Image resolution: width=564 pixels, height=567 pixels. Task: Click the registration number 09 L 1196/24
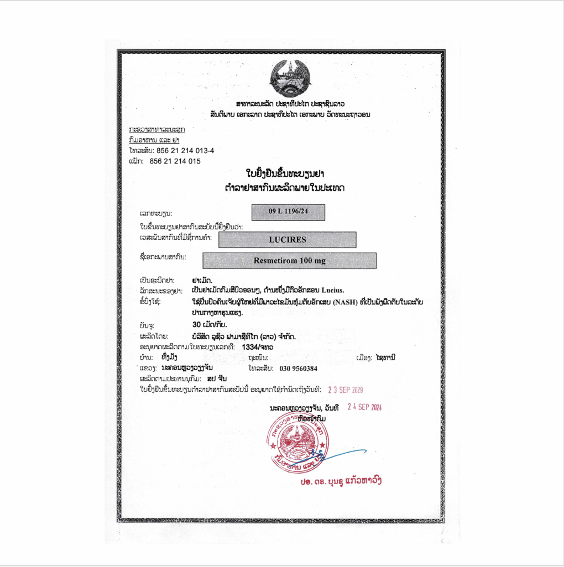pyautogui.click(x=288, y=212)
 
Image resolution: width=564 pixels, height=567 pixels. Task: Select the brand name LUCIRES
pyautogui.click(x=287, y=239)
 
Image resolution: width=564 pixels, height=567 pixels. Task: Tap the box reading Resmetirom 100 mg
pyautogui.click(x=289, y=260)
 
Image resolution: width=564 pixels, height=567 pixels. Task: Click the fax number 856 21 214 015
pyautogui.click(x=175, y=161)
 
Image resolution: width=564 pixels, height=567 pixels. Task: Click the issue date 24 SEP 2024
pyautogui.click(x=364, y=407)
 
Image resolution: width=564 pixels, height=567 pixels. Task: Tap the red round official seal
pyautogui.click(x=295, y=440)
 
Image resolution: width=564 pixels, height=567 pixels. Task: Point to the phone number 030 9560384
pyautogui.click(x=299, y=369)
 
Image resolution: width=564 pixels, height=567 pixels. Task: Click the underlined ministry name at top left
pyautogui.click(x=156, y=129)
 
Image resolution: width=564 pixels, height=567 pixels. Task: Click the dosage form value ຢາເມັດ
pyautogui.click(x=202, y=280)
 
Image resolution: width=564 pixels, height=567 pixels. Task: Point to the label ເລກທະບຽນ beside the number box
pyautogui.click(x=156, y=213)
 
